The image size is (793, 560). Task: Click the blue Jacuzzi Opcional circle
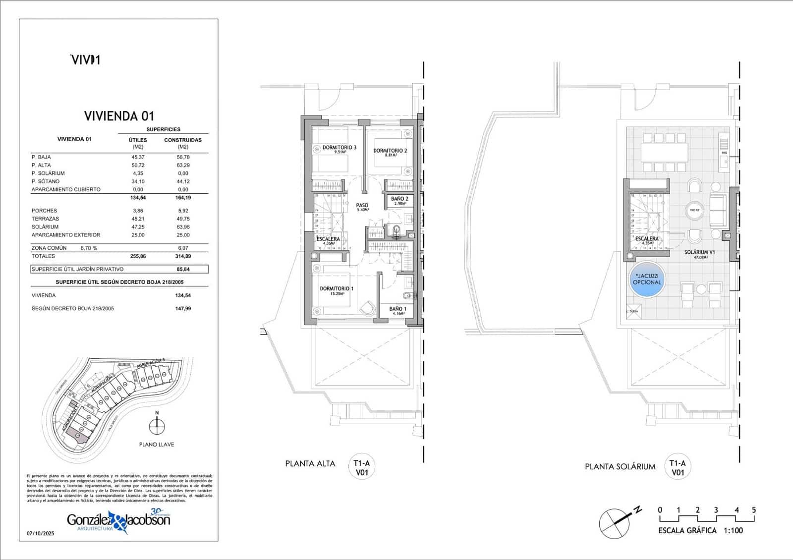pyautogui.click(x=647, y=280)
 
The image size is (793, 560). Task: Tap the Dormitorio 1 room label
pyautogui.click(x=337, y=289)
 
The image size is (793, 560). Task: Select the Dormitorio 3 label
pyautogui.click(x=339, y=148)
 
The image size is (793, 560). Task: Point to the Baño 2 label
pyautogui.click(x=399, y=199)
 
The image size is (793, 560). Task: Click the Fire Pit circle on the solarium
pyautogui.click(x=694, y=211)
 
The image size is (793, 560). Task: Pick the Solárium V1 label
pyautogui.click(x=699, y=253)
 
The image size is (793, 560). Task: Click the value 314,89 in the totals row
pyautogui.click(x=183, y=256)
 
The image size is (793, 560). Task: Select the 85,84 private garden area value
pyautogui.click(x=183, y=269)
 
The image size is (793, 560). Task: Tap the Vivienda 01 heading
pyautogui.click(x=119, y=116)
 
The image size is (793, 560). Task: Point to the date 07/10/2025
pyautogui.click(x=40, y=534)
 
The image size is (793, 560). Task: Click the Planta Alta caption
pyautogui.click(x=310, y=464)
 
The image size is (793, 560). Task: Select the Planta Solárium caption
pyautogui.click(x=620, y=466)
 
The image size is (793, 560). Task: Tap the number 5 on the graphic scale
pyautogui.click(x=754, y=510)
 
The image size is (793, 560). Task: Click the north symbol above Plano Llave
pyautogui.click(x=157, y=425)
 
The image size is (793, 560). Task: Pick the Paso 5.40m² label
pyautogui.click(x=362, y=206)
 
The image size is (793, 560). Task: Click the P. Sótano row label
pyautogui.click(x=45, y=181)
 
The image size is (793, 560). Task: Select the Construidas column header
pyautogui.click(x=183, y=140)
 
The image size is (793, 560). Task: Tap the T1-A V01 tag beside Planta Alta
pyautogui.click(x=362, y=468)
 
